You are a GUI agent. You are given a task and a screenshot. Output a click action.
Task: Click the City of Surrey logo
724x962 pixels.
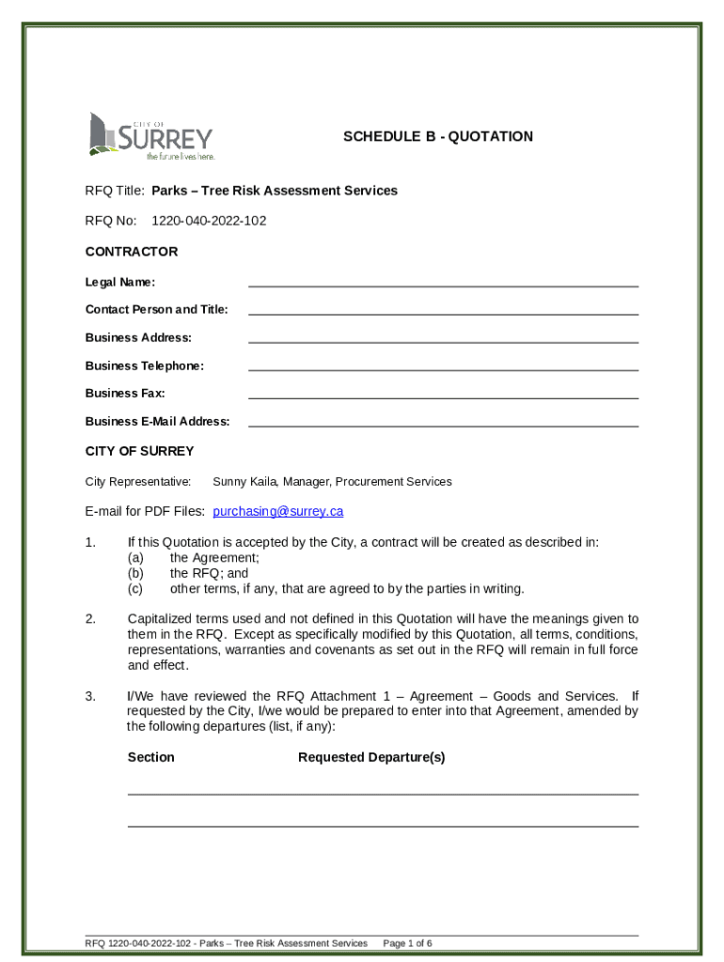150,136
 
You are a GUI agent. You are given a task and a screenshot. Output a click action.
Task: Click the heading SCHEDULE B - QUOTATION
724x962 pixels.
437,136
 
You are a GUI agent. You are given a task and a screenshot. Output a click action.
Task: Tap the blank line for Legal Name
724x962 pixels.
443,281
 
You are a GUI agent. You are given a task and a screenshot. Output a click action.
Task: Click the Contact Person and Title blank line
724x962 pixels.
443,309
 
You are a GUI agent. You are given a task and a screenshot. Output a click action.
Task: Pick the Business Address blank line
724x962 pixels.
443,337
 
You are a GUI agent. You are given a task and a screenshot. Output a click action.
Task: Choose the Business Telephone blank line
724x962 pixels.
443,365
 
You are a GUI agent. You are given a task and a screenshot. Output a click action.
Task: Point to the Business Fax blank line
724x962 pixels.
443,394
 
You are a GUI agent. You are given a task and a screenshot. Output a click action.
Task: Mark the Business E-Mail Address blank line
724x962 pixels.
443,422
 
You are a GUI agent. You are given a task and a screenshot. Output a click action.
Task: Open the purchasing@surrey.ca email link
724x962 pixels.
277,512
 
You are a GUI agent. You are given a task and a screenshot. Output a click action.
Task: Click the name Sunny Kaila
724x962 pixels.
244,482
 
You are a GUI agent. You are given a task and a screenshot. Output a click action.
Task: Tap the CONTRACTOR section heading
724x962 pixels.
132,252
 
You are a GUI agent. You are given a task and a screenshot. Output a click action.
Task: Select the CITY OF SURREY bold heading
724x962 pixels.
139,451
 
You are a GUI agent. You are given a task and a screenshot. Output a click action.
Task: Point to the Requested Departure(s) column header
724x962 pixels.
371,757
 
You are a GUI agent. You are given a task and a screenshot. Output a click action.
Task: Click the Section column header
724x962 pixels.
150,757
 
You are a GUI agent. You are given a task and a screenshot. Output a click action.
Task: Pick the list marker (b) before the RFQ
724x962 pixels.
135,573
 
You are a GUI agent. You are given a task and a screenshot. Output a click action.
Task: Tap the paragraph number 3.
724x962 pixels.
89,696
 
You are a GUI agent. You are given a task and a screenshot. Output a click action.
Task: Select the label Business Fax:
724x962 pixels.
125,394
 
